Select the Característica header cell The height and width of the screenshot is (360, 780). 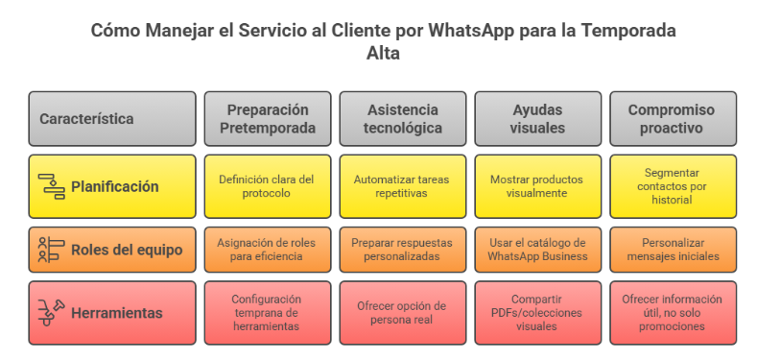click(x=112, y=119)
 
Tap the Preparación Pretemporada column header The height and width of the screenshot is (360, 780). click(x=268, y=119)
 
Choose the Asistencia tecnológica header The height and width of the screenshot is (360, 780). click(x=403, y=119)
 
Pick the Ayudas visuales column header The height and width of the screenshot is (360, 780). click(x=538, y=119)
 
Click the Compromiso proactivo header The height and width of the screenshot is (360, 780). click(x=674, y=119)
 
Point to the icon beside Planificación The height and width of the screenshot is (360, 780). click(x=51, y=186)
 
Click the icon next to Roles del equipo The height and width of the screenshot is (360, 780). click(x=51, y=251)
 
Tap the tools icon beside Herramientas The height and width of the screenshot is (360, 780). click(x=51, y=312)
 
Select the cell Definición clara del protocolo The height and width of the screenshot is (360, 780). click(x=268, y=186)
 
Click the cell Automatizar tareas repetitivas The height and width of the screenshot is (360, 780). click(x=403, y=186)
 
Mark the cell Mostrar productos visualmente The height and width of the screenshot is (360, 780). click(x=538, y=186)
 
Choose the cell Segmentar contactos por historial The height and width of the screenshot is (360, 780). click(x=674, y=186)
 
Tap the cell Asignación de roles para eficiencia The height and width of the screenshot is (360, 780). click(x=268, y=251)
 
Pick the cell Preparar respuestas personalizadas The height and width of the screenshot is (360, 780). click(x=403, y=251)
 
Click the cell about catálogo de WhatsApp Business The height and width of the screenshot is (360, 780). click(x=538, y=251)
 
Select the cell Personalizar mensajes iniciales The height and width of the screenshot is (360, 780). click(x=674, y=251)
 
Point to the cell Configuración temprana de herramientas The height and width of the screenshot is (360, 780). click(x=268, y=312)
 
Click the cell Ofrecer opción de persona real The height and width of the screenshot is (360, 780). click(x=403, y=312)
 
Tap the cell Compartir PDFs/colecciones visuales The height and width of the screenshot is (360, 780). click(x=538, y=312)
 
